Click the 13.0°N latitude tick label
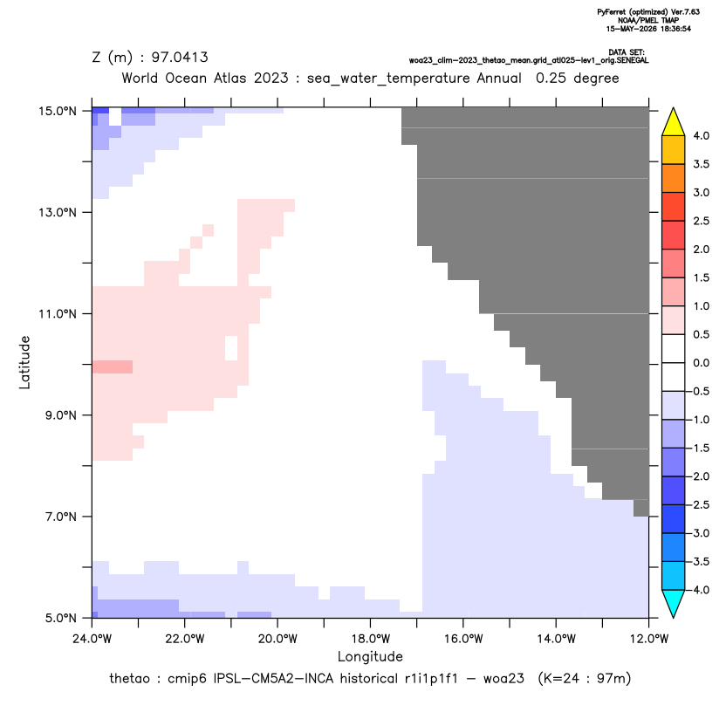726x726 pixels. point(58,213)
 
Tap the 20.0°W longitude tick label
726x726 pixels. point(277,639)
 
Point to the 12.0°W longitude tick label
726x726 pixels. point(648,639)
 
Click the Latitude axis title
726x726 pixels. point(24,362)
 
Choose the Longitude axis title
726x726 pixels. point(370,656)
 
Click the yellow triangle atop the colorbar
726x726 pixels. point(674,122)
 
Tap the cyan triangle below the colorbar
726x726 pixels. point(674,603)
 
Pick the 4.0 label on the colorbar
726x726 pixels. point(701,135)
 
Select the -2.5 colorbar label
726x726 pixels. point(699,504)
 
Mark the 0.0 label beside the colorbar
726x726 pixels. point(701,362)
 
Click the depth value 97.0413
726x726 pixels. point(180,57)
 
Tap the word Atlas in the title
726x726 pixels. point(229,78)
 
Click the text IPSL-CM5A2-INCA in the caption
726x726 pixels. point(273,679)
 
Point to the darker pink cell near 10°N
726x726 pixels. point(113,366)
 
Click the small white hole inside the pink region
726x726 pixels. point(231,348)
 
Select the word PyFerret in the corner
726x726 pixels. point(612,12)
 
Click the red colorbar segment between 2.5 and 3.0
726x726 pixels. point(674,207)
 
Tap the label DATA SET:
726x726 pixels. point(627,52)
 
